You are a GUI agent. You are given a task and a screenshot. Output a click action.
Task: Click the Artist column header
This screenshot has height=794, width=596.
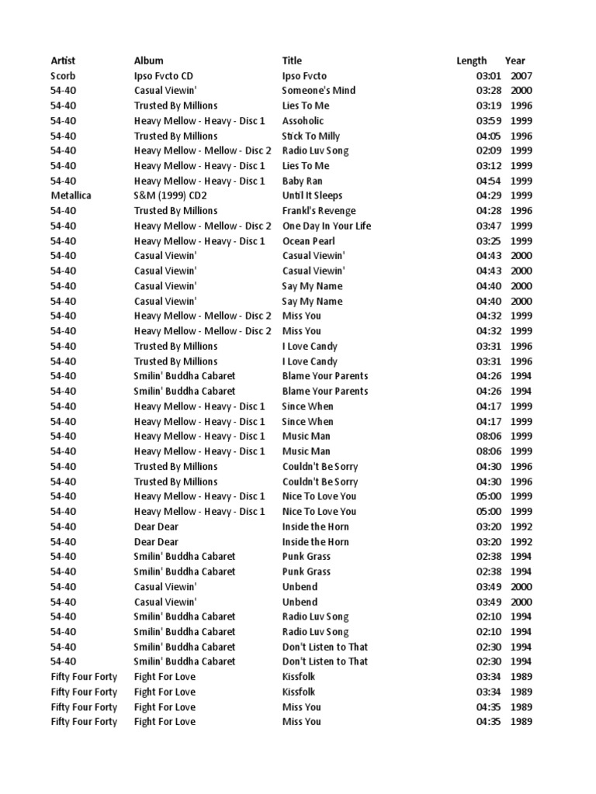point(63,60)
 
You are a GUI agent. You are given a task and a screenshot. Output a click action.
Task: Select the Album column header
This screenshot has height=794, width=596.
point(148,60)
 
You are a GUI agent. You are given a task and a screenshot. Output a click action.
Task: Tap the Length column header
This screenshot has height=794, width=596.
point(472,60)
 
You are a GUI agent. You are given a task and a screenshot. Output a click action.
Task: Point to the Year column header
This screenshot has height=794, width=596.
point(515,60)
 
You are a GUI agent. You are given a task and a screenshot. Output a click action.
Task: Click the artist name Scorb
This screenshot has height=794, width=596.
point(64,76)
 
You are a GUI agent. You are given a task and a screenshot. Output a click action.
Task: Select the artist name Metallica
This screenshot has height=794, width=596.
point(71,195)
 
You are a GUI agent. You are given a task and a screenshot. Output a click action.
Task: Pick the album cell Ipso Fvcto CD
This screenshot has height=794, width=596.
point(164,76)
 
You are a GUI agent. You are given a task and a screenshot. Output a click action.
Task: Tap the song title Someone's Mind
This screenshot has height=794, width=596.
point(318,91)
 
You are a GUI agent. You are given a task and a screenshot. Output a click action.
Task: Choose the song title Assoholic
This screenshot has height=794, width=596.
point(303,121)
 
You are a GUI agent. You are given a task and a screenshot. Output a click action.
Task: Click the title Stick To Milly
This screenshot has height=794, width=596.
point(310,136)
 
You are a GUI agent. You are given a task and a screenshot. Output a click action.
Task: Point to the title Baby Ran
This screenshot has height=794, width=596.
point(302,181)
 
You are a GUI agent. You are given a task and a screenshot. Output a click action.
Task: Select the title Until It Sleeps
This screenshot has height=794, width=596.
point(312,195)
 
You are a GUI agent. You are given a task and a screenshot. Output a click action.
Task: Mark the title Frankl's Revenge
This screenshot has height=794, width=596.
point(319,211)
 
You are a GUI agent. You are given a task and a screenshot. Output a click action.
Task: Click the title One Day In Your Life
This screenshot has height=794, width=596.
point(327,226)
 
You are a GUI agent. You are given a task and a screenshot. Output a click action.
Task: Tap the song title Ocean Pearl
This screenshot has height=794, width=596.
point(308,241)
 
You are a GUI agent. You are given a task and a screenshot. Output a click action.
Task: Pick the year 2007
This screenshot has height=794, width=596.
point(521,76)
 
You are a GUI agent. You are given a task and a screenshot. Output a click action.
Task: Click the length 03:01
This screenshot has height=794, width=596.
point(489,76)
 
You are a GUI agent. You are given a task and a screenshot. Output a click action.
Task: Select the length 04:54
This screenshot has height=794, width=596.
point(489,181)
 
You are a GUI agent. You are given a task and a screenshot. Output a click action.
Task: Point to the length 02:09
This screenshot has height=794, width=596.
point(489,150)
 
